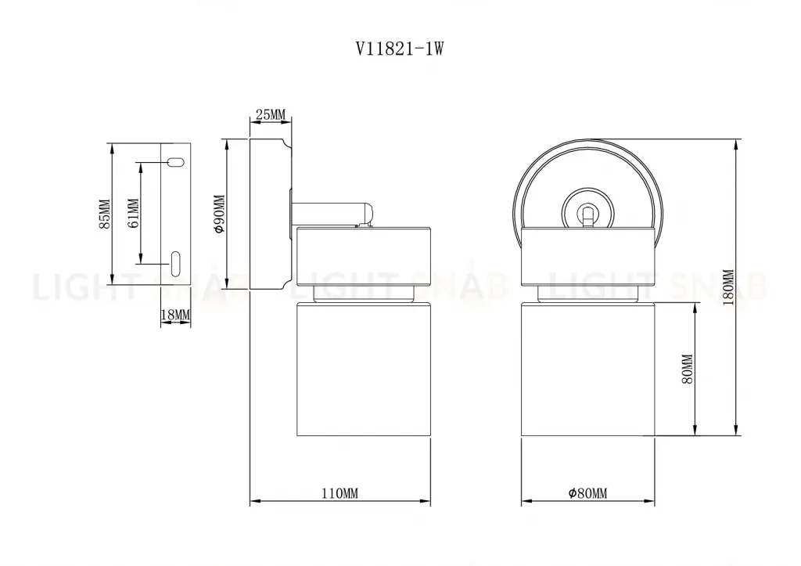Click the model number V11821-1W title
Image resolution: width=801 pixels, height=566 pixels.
pyautogui.click(x=400, y=49)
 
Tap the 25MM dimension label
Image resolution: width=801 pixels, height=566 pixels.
pyautogui.click(x=270, y=115)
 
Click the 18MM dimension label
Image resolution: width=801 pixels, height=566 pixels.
pyautogui.click(x=175, y=315)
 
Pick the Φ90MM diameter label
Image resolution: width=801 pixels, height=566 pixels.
pyautogui.click(x=219, y=215)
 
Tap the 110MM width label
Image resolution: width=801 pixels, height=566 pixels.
pyautogui.click(x=339, y=493)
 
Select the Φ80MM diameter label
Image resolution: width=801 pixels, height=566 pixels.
pyautogui.click(x=588, y=493)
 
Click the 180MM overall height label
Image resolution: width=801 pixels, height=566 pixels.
pyautogui.click(x=728, y=290)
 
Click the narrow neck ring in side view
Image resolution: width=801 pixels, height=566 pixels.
pyautogui.click(x=364, y=294)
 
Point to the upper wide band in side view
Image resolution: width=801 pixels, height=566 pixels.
pyautogui.click(x=364, y=255)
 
